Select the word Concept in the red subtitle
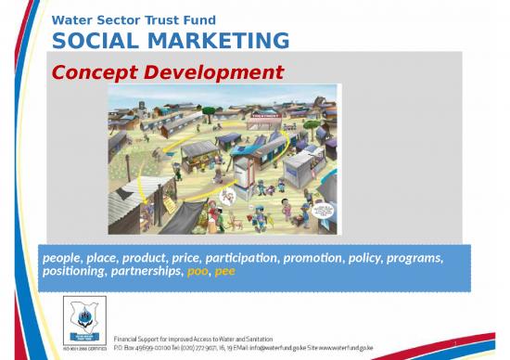coord(92,71)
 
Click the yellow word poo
coord(198,271)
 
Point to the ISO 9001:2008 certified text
coord(83,342)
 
